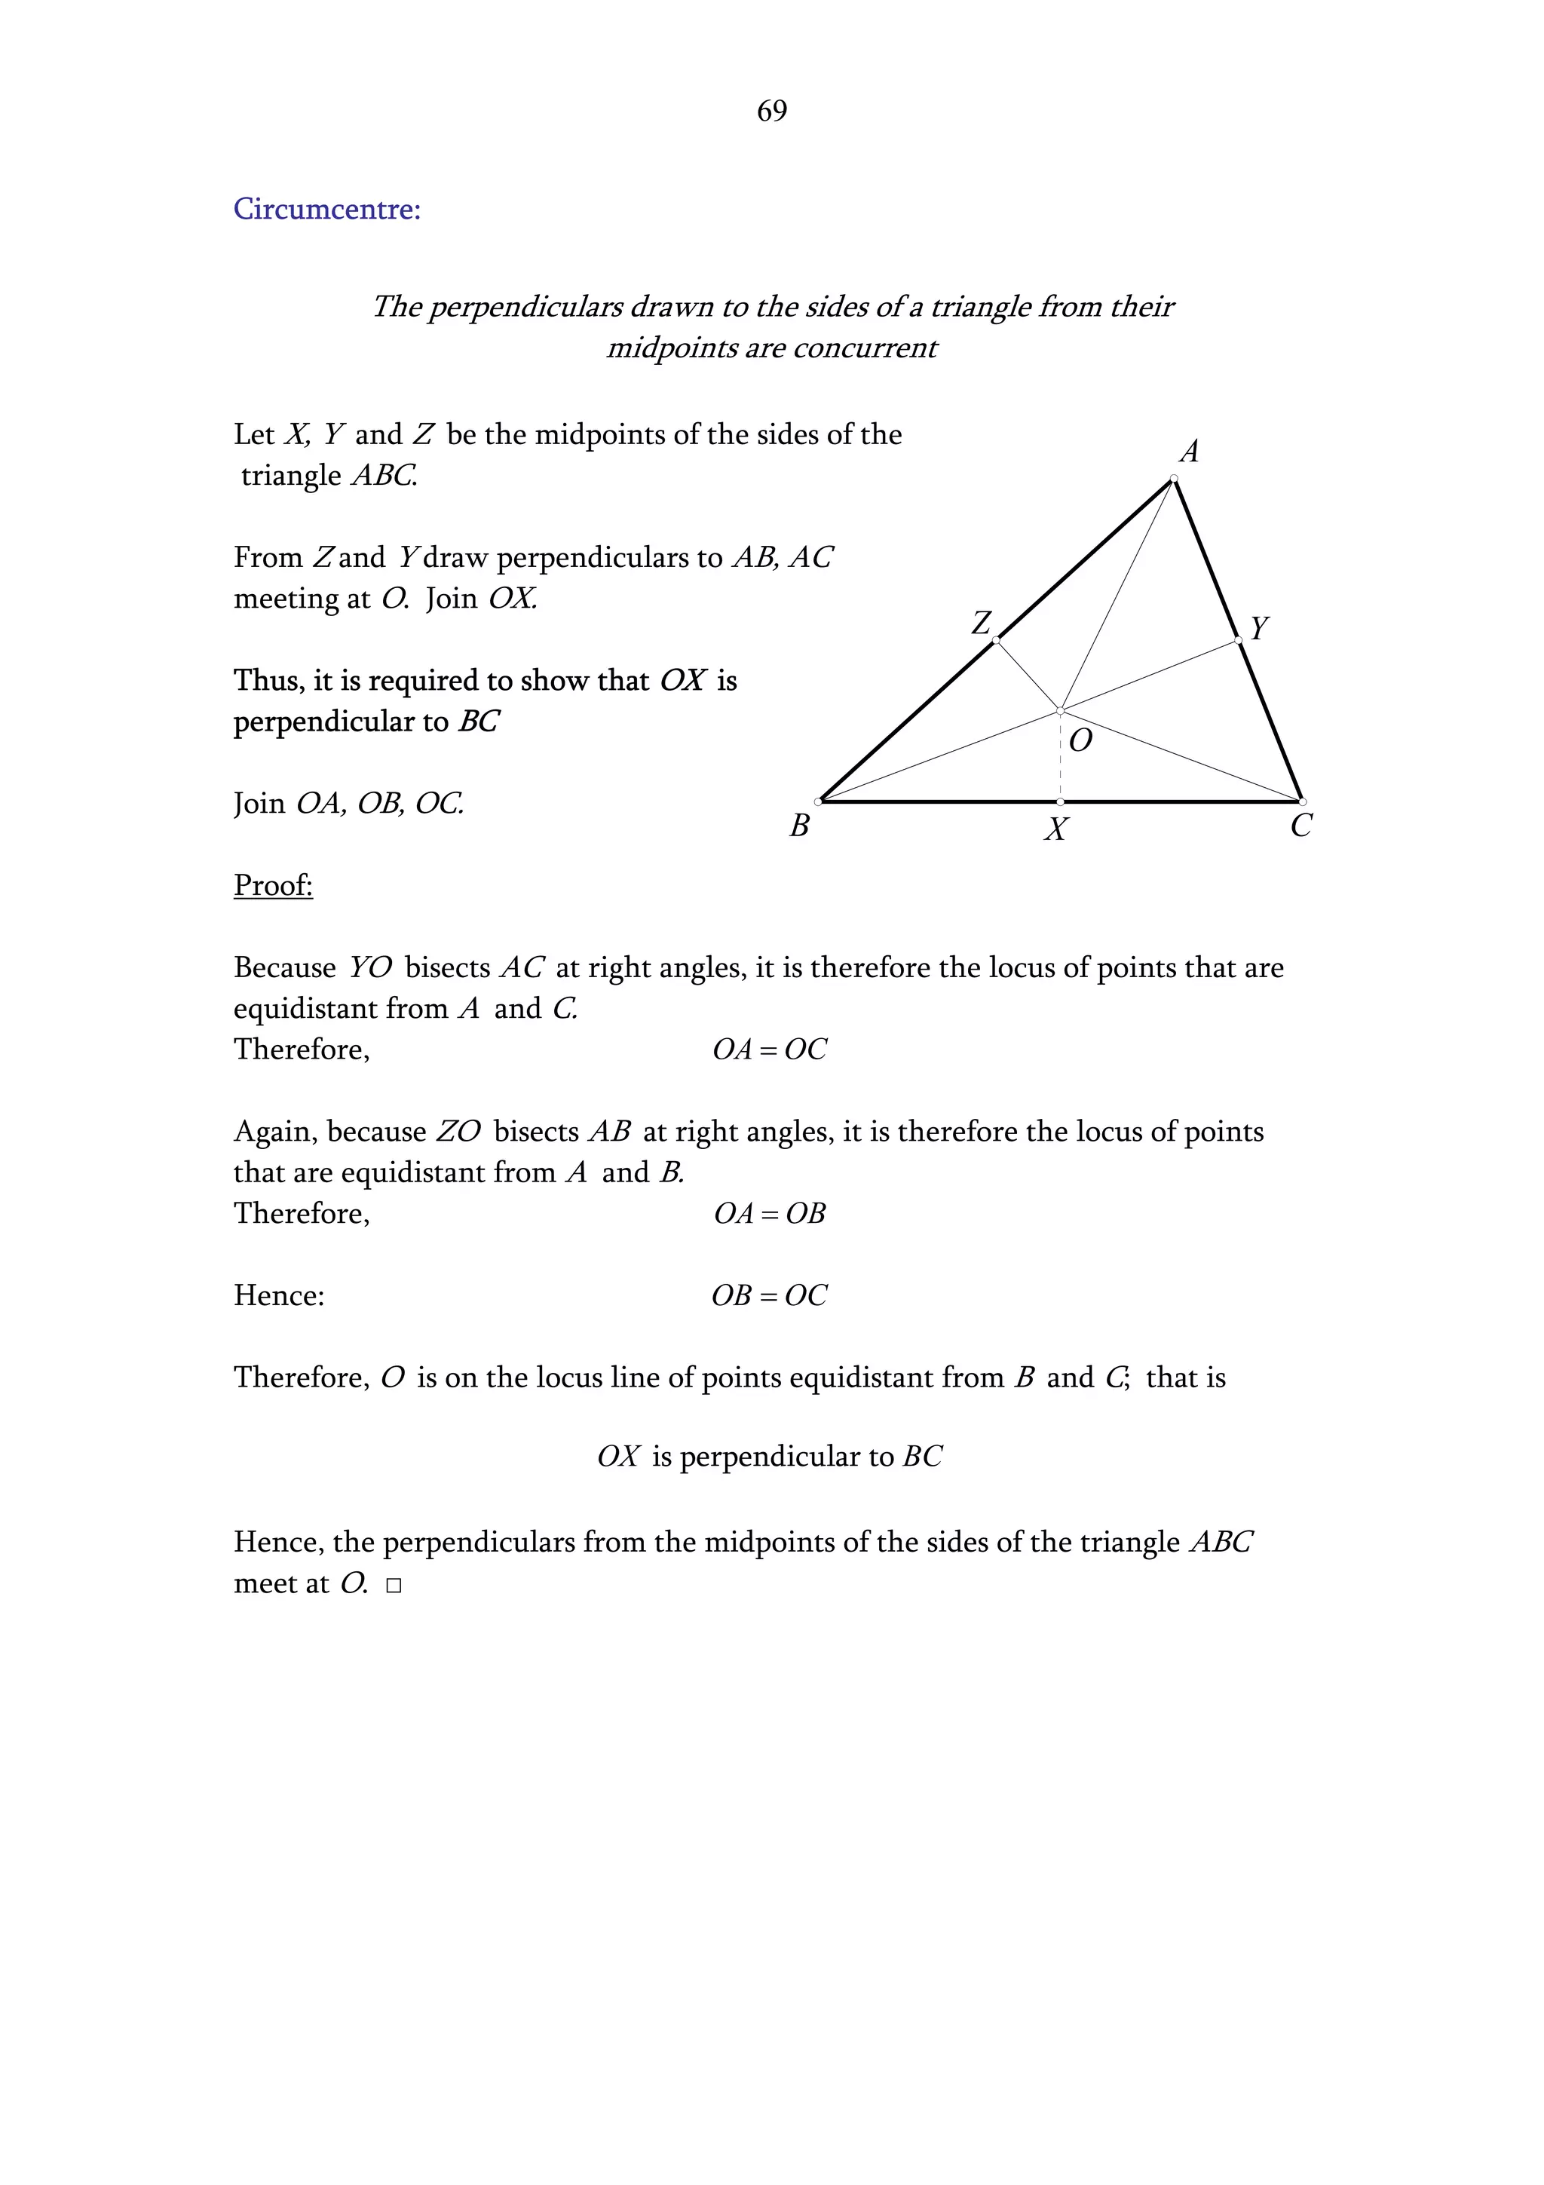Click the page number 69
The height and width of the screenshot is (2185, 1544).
[x=771, y=112]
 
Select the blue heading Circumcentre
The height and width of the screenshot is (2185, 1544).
[x=327, y=208]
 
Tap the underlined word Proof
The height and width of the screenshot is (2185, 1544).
[x=273, y=885]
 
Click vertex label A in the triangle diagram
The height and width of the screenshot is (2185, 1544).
[x=1188, y=451]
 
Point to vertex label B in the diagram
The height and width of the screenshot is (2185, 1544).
[x=799, y=825]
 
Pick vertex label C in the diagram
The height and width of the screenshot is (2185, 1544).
[x=1300, y=825]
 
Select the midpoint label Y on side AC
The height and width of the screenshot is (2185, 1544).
[x=1258, y=628]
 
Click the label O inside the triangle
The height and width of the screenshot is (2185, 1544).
[x=1080, y=740]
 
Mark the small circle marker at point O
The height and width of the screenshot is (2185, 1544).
[x=1060, y=710]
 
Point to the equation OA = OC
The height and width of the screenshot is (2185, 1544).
[x=770, y=1050]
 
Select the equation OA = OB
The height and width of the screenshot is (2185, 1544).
[x=770, y=1213]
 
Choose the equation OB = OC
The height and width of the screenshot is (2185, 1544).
[x=770, y=1295]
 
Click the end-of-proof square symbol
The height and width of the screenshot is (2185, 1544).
[x=394, y=1586]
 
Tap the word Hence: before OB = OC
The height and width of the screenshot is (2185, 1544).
[x=279, y=1295]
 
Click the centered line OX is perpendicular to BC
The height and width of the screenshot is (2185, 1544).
[x=770, y=1456]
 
